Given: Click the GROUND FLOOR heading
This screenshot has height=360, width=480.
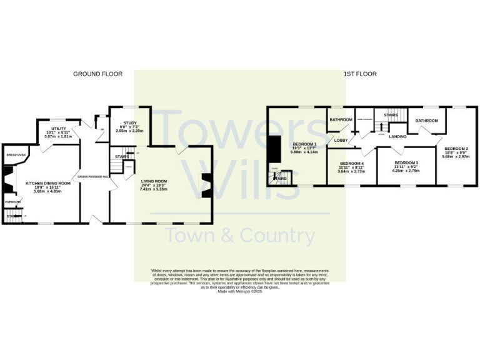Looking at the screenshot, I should [97, 74].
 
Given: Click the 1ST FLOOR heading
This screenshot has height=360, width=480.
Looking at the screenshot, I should [359, 74].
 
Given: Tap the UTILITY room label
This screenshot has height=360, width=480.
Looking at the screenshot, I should [59, 128].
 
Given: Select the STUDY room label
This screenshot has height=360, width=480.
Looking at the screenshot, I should [129, 123].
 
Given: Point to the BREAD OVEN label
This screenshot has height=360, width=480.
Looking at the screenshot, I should [16, 154].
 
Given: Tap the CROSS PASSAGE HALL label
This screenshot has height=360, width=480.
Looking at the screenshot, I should [94, 177].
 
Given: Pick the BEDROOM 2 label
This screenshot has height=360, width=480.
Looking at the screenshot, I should [455, 149].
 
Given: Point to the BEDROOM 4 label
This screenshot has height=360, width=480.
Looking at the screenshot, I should [351, 163].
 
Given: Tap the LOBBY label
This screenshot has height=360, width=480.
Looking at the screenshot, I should [341, 141].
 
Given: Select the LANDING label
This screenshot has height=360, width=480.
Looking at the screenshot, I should [397, 136].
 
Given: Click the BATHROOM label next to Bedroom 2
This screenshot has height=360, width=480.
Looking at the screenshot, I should [427, 120].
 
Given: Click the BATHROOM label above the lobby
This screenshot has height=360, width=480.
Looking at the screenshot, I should [341, 119].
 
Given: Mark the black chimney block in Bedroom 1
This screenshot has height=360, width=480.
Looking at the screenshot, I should [273, 151].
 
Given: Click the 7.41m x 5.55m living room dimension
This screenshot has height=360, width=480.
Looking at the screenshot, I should [154, 188].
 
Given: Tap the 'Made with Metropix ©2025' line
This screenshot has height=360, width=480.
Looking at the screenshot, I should [239, 291].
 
